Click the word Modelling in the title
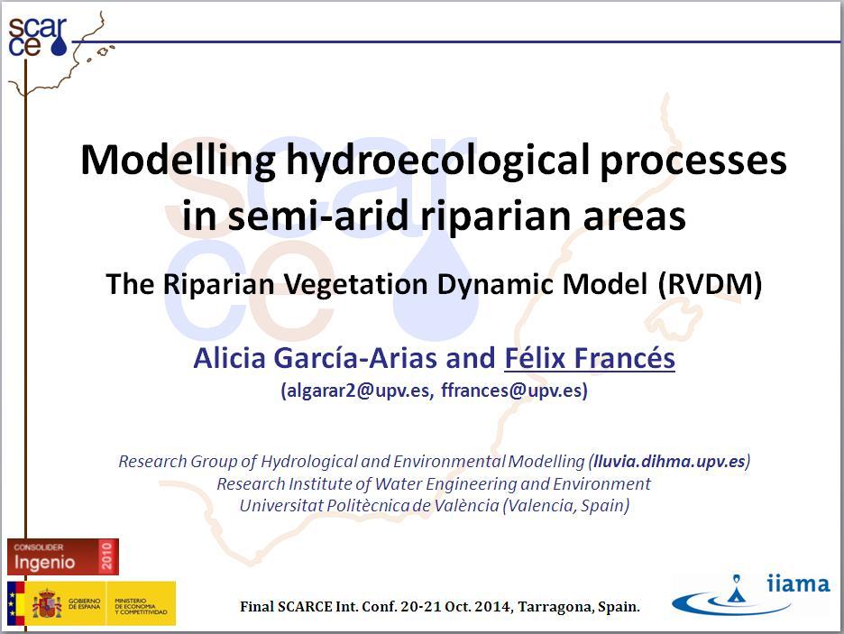click(x=179, y=161)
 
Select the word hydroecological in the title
click(x=437, y=161)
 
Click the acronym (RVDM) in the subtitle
click(x=711, y=284)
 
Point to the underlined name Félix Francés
click(x=590, y=358)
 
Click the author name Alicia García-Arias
click(x=316, y=358)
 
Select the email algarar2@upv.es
click(x=357, y=391)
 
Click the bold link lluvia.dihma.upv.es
click(x=670, y=461)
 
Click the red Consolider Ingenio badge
click(x=63, y=556)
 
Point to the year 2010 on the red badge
click(x=106, y=556)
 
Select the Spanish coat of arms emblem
click(x=47, y=603)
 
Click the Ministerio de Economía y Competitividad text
click(x=141, y=606)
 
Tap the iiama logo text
click(x=798, y=584)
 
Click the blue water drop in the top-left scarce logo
click(x=59, y=45)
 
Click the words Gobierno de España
click(x=84, y=603)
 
